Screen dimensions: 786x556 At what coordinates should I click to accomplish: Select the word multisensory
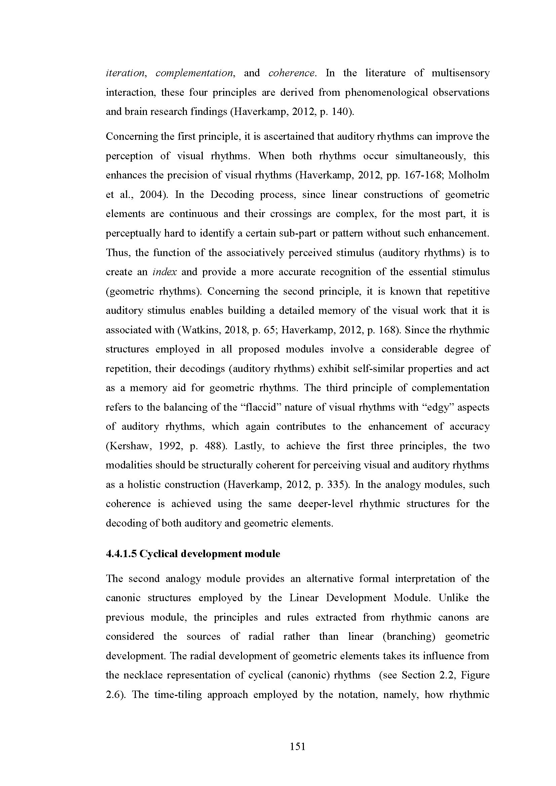click(461, 73)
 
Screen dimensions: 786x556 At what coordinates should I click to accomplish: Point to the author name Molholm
click(469, 175)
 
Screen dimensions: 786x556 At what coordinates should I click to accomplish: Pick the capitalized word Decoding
click(232, 195)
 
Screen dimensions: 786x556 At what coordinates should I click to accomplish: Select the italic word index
click(165, 272)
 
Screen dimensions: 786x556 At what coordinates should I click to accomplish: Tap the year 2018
click(235, 330)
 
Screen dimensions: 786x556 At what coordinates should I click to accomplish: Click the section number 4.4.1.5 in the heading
click(121, 554)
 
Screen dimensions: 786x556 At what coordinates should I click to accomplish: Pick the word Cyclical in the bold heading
click(159, 554)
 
